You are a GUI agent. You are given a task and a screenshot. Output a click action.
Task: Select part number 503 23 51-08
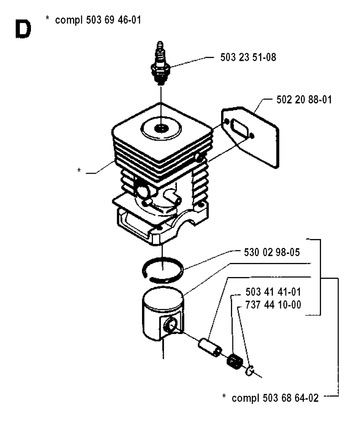(x=248, y=57)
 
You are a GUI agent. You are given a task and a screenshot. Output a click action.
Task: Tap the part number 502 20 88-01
(x=301, y=100)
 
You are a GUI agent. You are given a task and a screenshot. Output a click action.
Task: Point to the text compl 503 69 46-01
(x=98, y=20)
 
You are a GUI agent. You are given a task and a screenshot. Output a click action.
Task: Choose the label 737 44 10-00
(x=272, y=305)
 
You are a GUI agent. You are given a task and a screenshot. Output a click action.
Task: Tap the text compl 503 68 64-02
(x=276, y=398)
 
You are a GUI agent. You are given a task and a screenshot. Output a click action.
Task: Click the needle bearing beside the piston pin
(x=232, y=361)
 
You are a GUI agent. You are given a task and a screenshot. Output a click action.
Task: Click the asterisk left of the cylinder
(x=79, y=171)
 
